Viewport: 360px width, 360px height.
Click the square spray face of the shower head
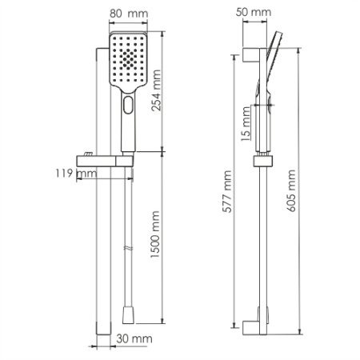pos(126,61)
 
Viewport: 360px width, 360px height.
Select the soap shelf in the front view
pos(102,158)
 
